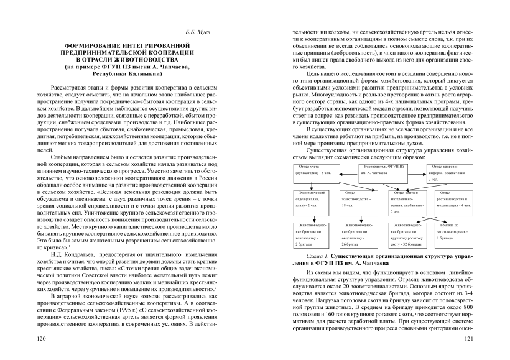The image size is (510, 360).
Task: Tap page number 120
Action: tap(42, 340)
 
